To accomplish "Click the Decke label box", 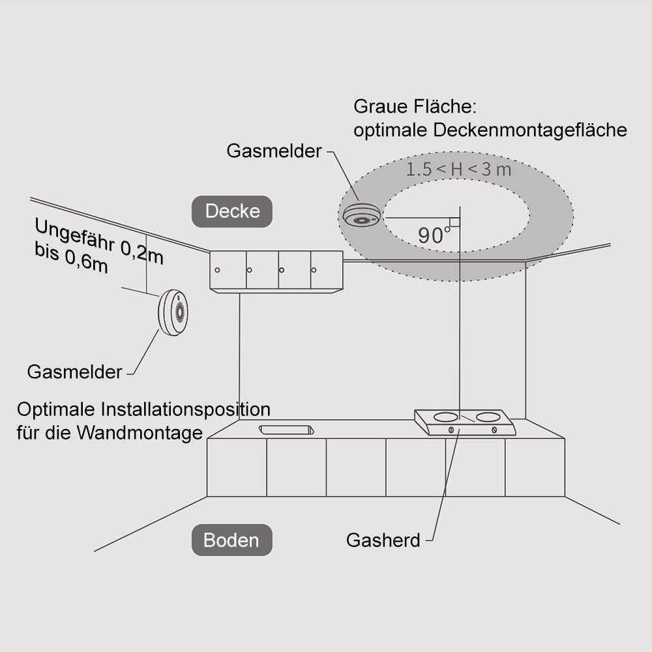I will (232, 211).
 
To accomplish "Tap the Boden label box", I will (231, 540).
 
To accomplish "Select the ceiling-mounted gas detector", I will (360, 216).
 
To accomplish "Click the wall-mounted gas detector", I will (173, 312).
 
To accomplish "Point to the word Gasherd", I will (383, 541).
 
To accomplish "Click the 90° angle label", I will (431, 235).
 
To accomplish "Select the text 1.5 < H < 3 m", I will (458, 170).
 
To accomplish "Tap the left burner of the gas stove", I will (446, 416).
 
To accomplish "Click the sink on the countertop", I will (287, 429).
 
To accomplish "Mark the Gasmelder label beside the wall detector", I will (74, 372).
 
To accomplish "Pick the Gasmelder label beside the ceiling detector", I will (274, 151).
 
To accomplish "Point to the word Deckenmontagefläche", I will (529, 130).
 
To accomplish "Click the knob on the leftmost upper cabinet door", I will (218, 270).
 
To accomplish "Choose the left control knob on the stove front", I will (451, 430).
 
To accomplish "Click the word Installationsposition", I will (186, 409).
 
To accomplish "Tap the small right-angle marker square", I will (455, 222).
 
